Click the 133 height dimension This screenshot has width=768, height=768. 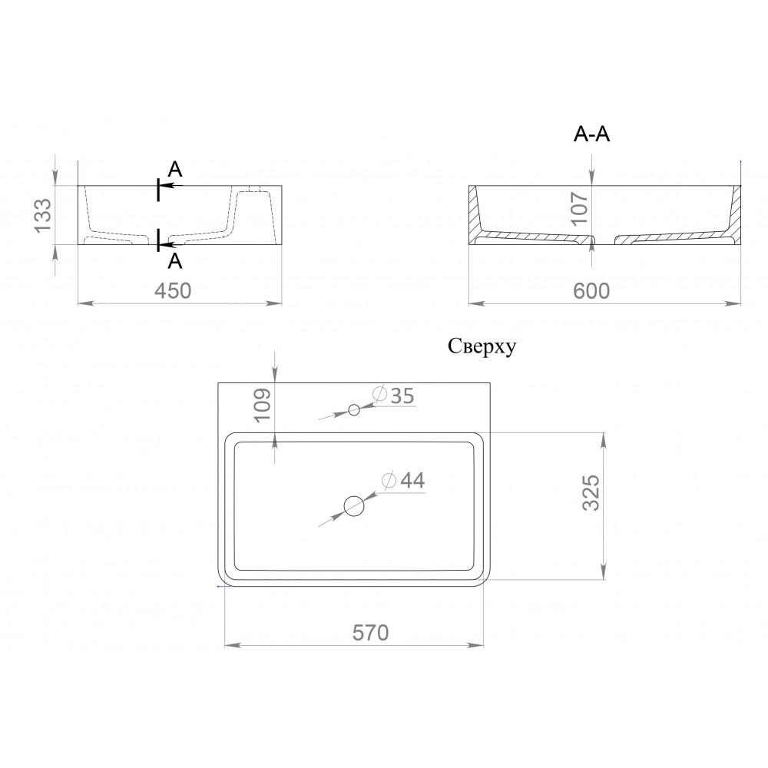pyautogui.click(x=43, y=215)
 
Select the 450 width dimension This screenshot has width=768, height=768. pyautogui.click(x=173, y=291)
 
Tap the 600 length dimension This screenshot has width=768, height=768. pyautogui.click(x=591, y=291)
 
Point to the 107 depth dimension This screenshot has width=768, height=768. pyautogui.click(x=580, y=207)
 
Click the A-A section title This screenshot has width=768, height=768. pyautogui.click(x=591, y=134)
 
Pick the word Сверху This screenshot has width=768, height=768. pyautogui.click(x=482, y=347)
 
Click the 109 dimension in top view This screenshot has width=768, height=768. pyautogui.click(x=263, y=404)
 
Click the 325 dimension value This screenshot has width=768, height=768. pyautogui.click(x=591, y=493)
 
